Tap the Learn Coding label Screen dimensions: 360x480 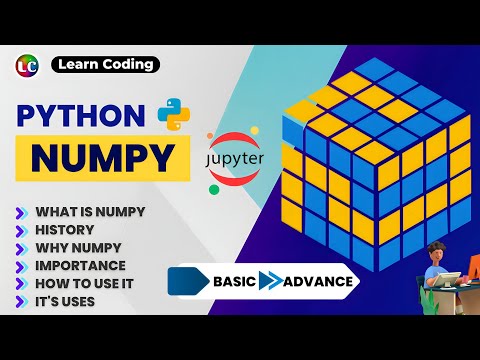tap(105, 65)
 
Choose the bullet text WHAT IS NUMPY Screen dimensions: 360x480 tap(90, 212)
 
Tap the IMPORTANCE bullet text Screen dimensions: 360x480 tap(80, 265)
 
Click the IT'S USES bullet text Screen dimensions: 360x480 tap(66, 300)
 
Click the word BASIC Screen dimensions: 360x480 tap(234, 281)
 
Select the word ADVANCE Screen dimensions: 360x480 tap(317, 281)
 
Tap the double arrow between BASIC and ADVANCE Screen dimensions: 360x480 tap(269, 281)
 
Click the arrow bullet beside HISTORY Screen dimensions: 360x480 tap(21, 230)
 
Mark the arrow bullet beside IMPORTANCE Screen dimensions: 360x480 tap(21, 266)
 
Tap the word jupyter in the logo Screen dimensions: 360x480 tap(241, 159)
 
